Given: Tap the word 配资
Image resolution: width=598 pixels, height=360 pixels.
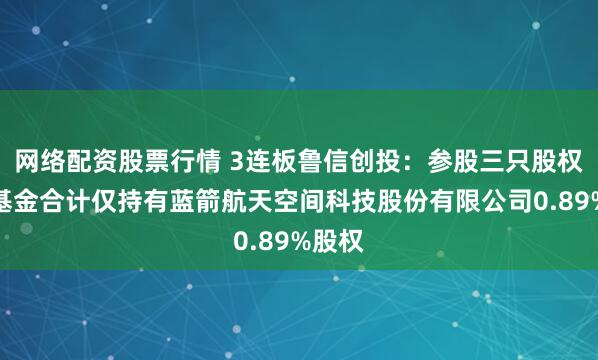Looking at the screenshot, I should pos(85,160).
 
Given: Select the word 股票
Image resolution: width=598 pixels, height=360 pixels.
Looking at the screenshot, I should pos(134,160).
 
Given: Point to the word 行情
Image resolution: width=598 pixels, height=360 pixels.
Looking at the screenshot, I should pos(183,160).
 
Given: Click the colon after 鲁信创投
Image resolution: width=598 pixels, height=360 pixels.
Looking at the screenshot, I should pos(392,160).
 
